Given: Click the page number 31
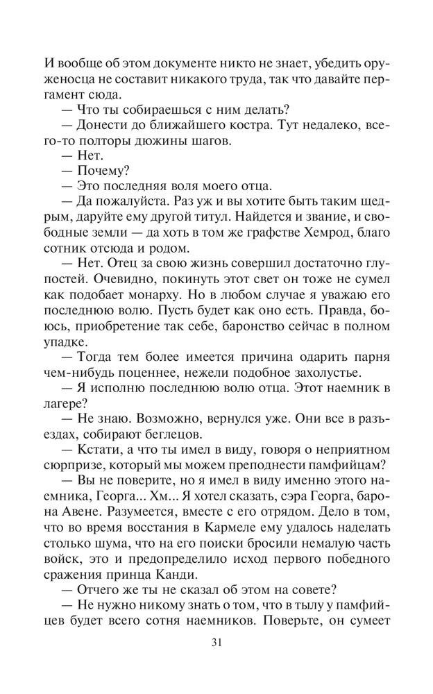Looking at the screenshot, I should coord(216,641).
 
